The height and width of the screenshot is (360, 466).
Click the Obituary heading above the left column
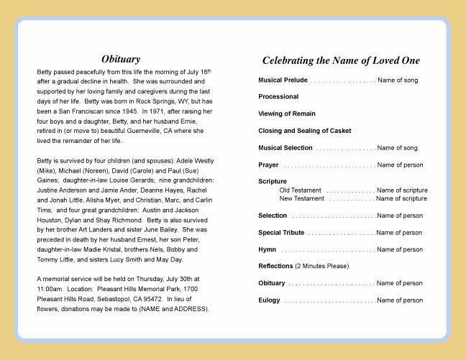point(120,59)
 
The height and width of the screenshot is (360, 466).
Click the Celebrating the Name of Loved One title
point(341,61)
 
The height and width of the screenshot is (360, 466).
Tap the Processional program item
point(278,96)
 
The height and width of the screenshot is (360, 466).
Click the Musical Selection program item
point(285,148)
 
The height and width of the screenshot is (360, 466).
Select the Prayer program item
point(268,165)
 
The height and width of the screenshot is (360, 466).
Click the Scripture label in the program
point(273,182)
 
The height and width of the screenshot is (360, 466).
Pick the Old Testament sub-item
point(300,190)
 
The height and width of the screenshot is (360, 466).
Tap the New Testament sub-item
point(301,198)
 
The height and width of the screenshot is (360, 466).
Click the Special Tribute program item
point(281,233)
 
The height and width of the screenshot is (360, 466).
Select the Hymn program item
point(267,249)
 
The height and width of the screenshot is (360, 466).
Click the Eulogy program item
point(270,300)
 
